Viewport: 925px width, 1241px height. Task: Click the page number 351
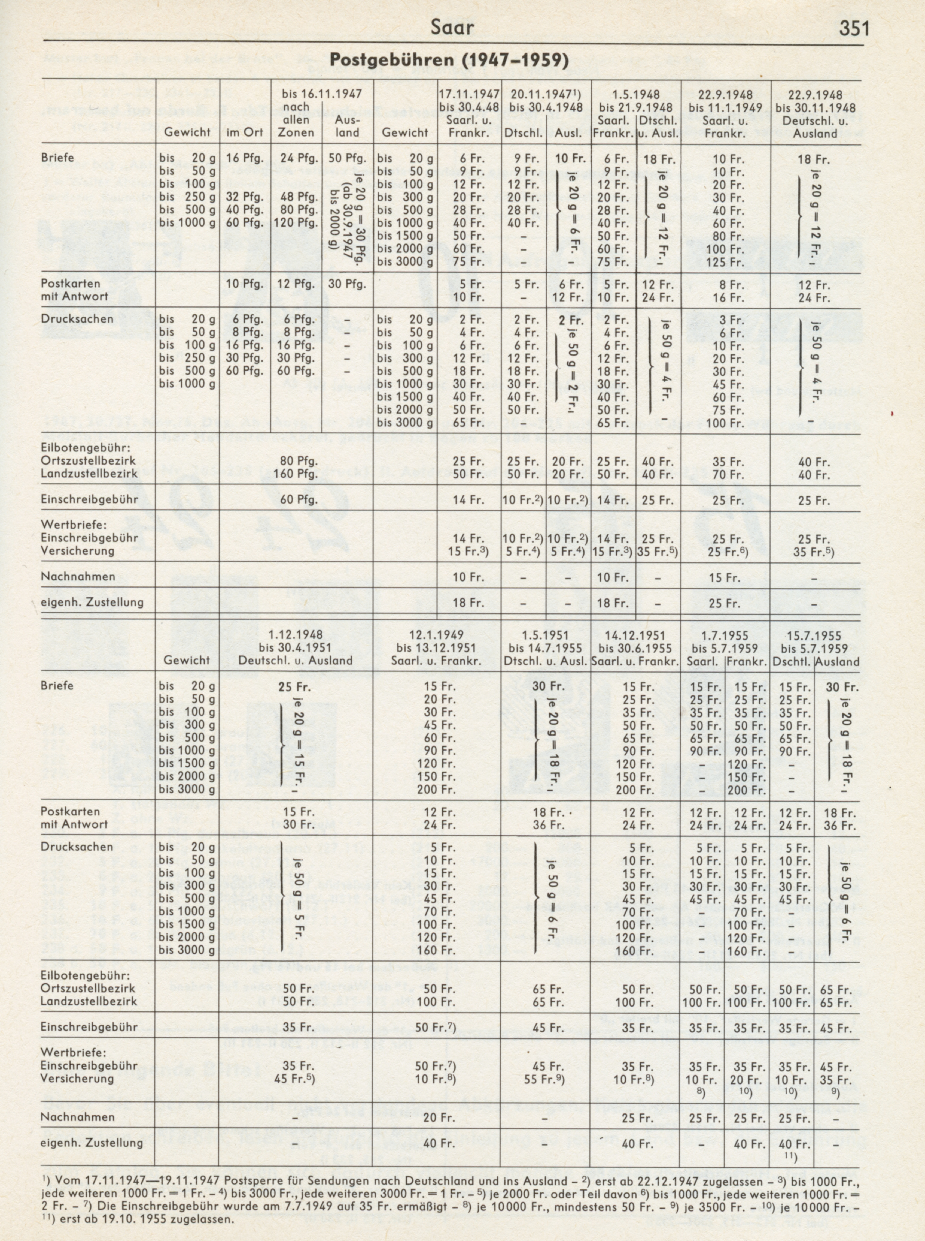tap(853, 28)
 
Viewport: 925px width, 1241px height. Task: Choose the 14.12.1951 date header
tap(635, 635)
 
